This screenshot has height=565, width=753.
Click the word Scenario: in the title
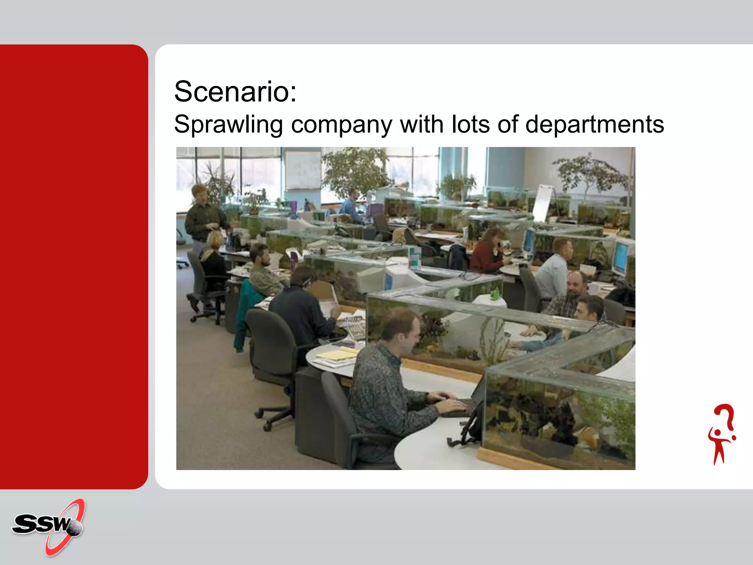pos(235,92)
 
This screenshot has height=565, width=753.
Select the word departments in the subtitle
pos(595,124)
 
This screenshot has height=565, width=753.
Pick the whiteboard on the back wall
pos(303,170)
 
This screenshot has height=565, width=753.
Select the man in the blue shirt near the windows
pos(351,206)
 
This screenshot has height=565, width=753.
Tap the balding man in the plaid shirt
pos(568,294)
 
